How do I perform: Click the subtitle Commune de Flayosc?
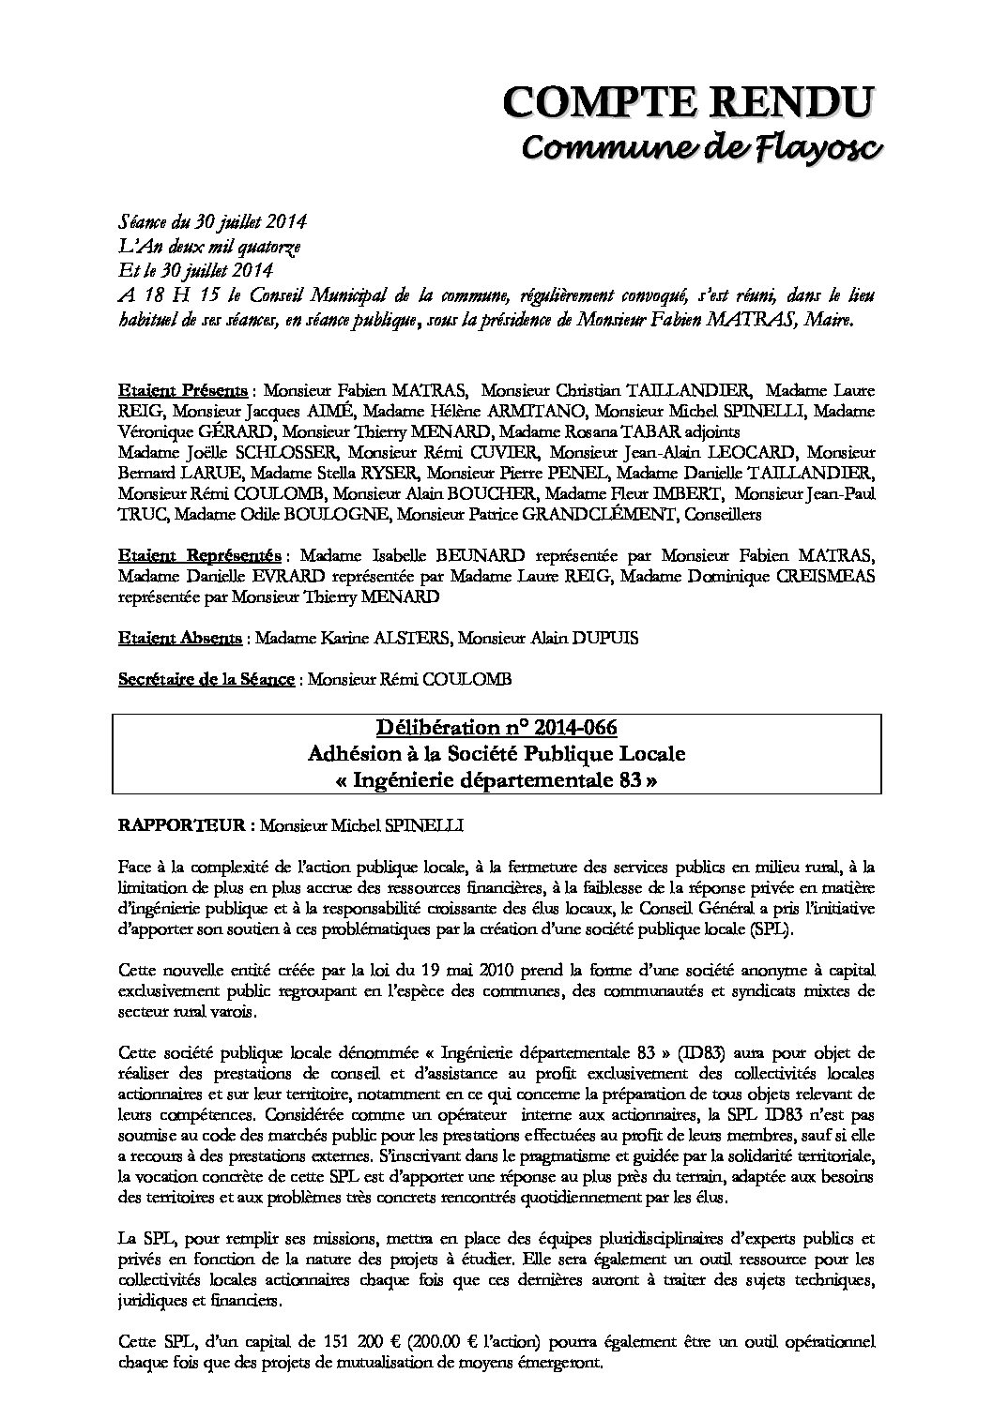(699, 147)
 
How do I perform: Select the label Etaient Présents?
(183, 389)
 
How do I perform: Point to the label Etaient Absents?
(180, 639)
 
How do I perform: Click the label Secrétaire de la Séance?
(206, 680)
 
